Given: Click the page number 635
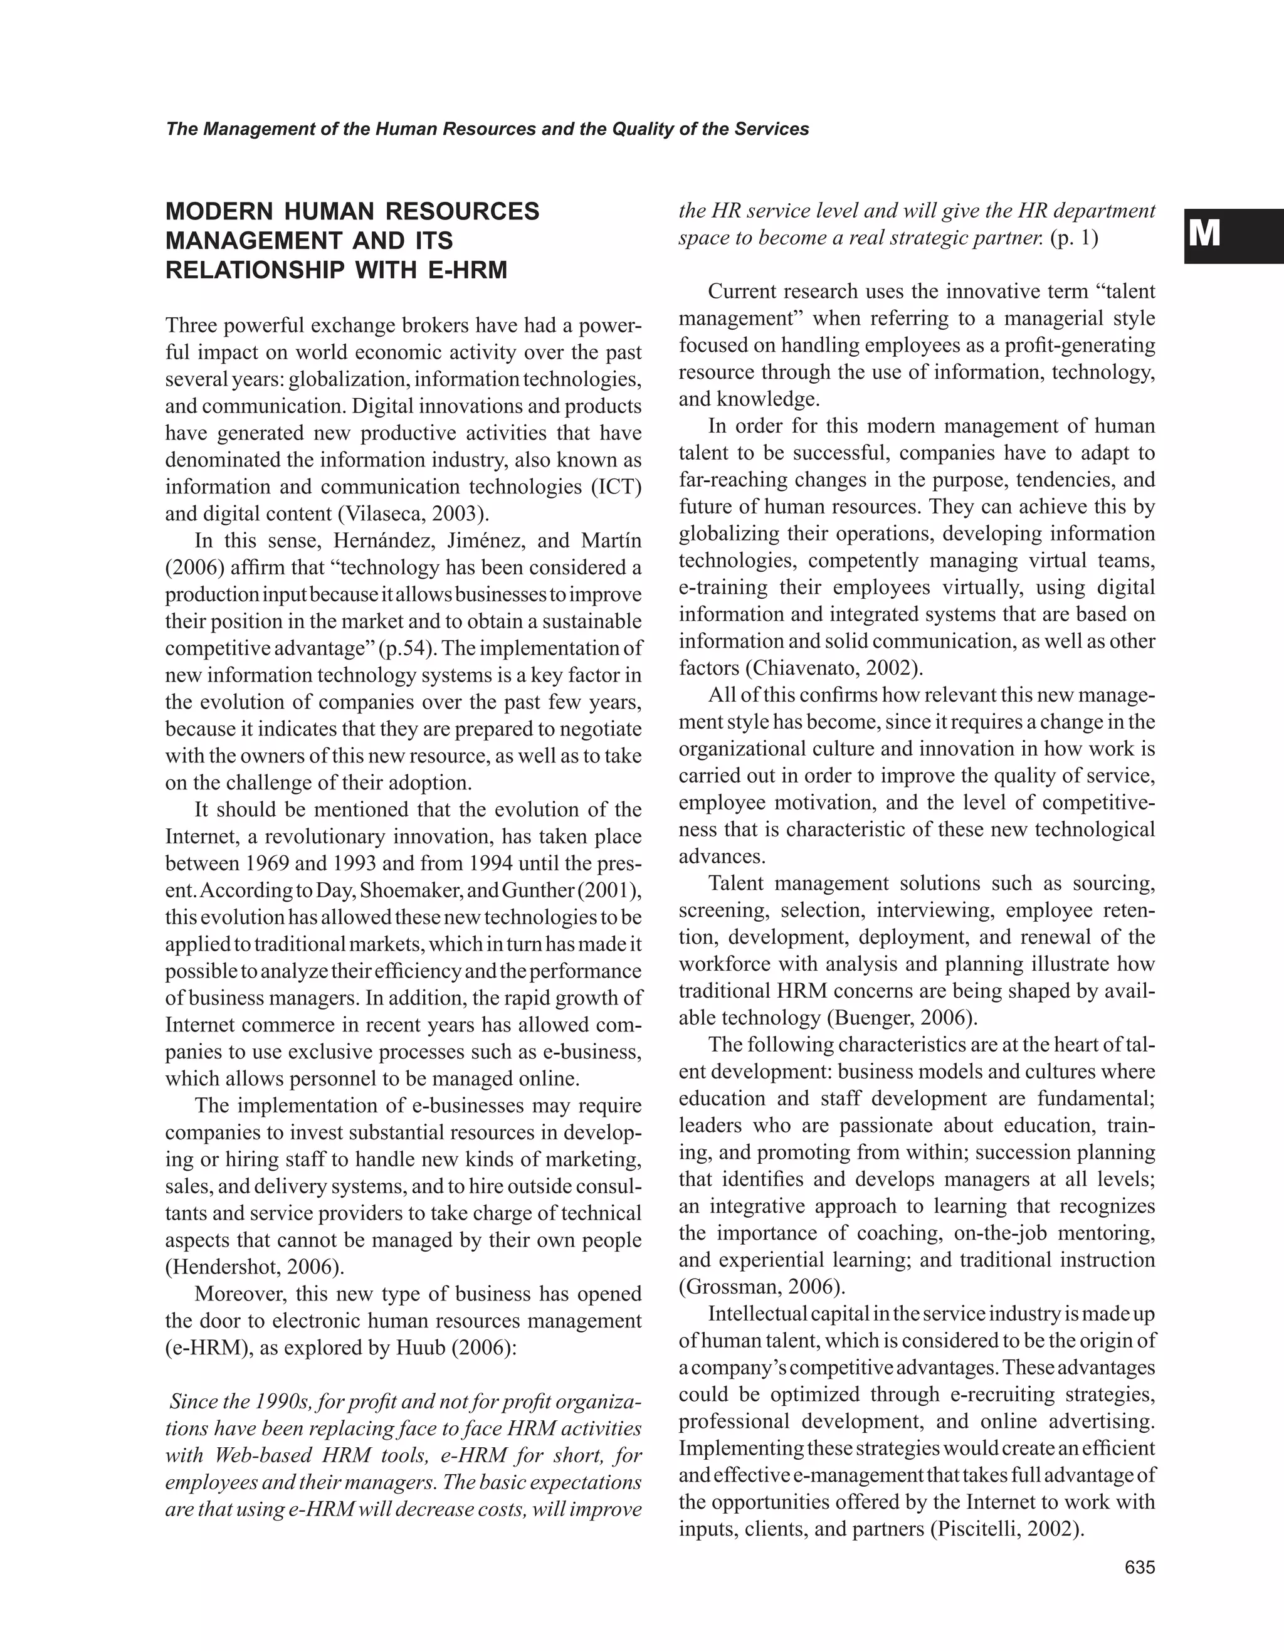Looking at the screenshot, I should coord(1140,1568).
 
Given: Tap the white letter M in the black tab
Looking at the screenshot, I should coord(1204,235).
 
